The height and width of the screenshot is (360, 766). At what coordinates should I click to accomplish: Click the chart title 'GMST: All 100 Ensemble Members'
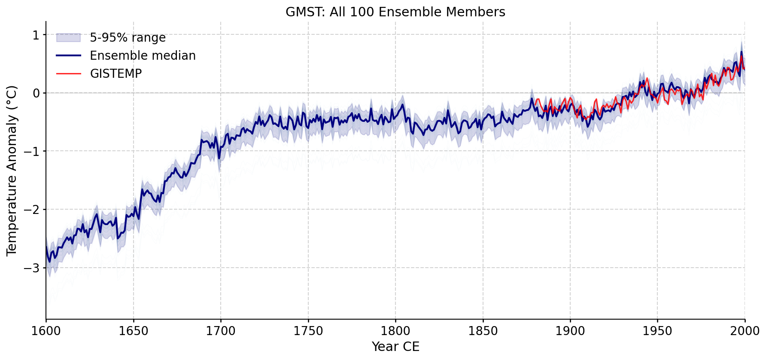tap(395, 12)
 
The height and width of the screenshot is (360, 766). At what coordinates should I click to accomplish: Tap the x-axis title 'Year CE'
tap(395, 347)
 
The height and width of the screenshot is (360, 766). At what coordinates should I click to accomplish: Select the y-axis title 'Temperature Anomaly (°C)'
tap(12, 171)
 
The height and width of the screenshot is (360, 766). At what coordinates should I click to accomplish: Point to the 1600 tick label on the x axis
tap(46, 331)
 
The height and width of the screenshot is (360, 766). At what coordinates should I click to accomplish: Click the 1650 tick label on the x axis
tap(133, 331)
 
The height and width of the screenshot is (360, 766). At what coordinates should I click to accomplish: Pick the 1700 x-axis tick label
tap(221, 331)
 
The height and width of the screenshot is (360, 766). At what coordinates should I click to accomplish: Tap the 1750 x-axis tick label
tap(308, 331)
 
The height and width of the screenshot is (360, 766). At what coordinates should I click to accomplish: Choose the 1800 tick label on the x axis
tap(395, 331)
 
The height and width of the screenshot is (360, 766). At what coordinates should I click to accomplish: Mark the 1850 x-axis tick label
tap(483, 331)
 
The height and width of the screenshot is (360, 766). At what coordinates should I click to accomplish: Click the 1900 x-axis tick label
tap(570, 331)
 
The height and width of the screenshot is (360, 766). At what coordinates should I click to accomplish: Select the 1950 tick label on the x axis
tap(657, 331)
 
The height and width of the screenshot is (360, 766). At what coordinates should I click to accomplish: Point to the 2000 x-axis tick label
tap(745, 331)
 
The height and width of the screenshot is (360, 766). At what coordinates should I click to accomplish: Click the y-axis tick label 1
tap(36, 35)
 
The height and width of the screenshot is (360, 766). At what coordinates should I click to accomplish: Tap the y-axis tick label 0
tap(36, 93)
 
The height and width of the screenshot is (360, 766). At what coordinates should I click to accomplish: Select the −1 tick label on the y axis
tap(33, 151)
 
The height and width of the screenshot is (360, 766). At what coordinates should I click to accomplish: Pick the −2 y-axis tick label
tap(33, 210)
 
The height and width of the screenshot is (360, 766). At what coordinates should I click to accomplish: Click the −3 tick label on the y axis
tap(33, 268)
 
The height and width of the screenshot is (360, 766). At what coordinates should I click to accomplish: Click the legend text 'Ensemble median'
tap(143, 56)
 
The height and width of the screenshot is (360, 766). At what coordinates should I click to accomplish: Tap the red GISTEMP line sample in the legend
tap(69, 74)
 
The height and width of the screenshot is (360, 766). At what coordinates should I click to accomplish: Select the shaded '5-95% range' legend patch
tap(69, 38)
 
